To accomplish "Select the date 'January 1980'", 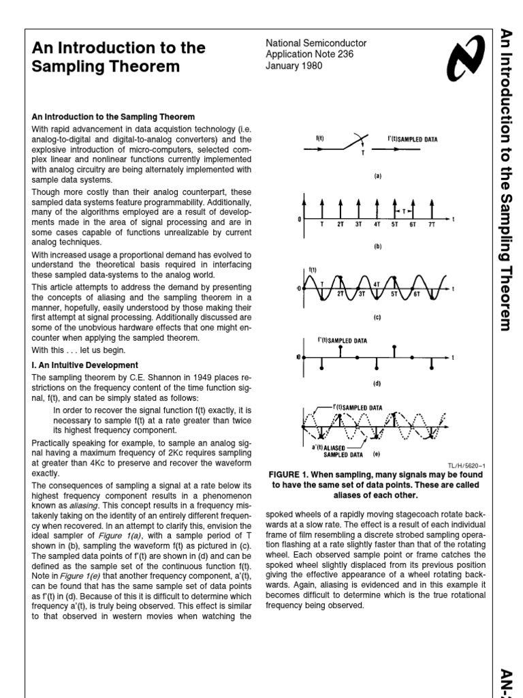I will point(294,66).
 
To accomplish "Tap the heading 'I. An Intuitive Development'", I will point(85,365).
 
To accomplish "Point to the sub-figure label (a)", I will point(377,175).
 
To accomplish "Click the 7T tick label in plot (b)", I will point(431,224).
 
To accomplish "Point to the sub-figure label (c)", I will point(377,317).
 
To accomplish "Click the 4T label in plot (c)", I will point(377,284).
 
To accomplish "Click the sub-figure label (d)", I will point(377,384).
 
